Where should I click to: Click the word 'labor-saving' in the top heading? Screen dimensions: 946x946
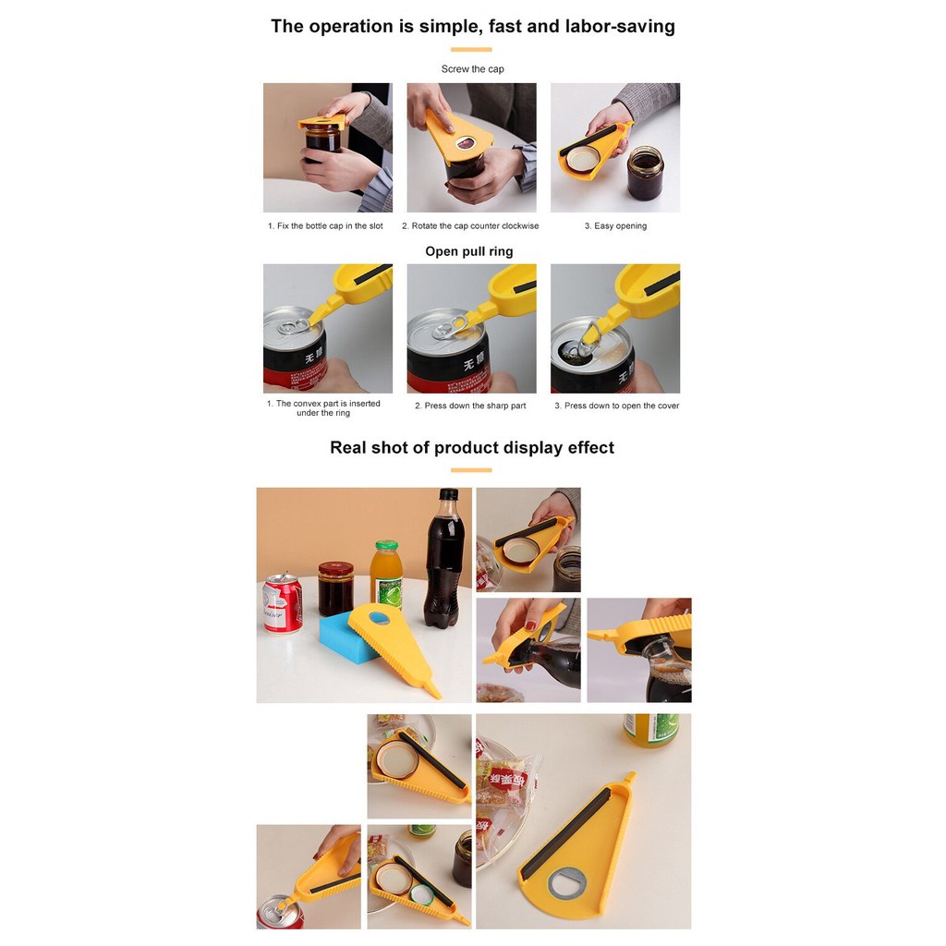(x=620, y=27)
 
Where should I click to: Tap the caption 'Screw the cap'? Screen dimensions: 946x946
(x=472, y=69)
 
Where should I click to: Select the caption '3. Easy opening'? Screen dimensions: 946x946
(x=615, y=225)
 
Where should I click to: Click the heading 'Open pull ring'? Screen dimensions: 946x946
(x=468, y=251)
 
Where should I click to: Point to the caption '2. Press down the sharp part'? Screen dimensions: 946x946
(x=470, y=406)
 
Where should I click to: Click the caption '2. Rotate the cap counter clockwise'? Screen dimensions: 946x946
(x=470, y=225)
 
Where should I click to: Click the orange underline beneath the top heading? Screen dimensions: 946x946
(x=471, y=50)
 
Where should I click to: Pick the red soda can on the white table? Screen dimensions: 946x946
(x=282, y=603)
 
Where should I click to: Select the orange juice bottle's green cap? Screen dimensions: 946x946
(x=387, y=545)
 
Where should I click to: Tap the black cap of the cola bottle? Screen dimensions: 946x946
(x=448, y=495)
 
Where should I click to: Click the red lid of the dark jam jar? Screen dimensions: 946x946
(x=336, y=568)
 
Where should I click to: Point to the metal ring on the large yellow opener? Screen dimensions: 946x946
(x=567, y=882)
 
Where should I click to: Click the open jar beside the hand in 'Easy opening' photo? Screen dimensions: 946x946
(x=645, y=173)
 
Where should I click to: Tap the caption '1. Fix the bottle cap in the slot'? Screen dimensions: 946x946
(x=325, y=225)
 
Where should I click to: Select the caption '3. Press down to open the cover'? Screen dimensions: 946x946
(x=616, y=406)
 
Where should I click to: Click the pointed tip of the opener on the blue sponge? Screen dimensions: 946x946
(x=439, y=697)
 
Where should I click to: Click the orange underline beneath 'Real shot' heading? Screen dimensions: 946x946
(x=471, y=470)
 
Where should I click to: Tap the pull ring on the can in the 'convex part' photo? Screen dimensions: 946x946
(x=295, y=328)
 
